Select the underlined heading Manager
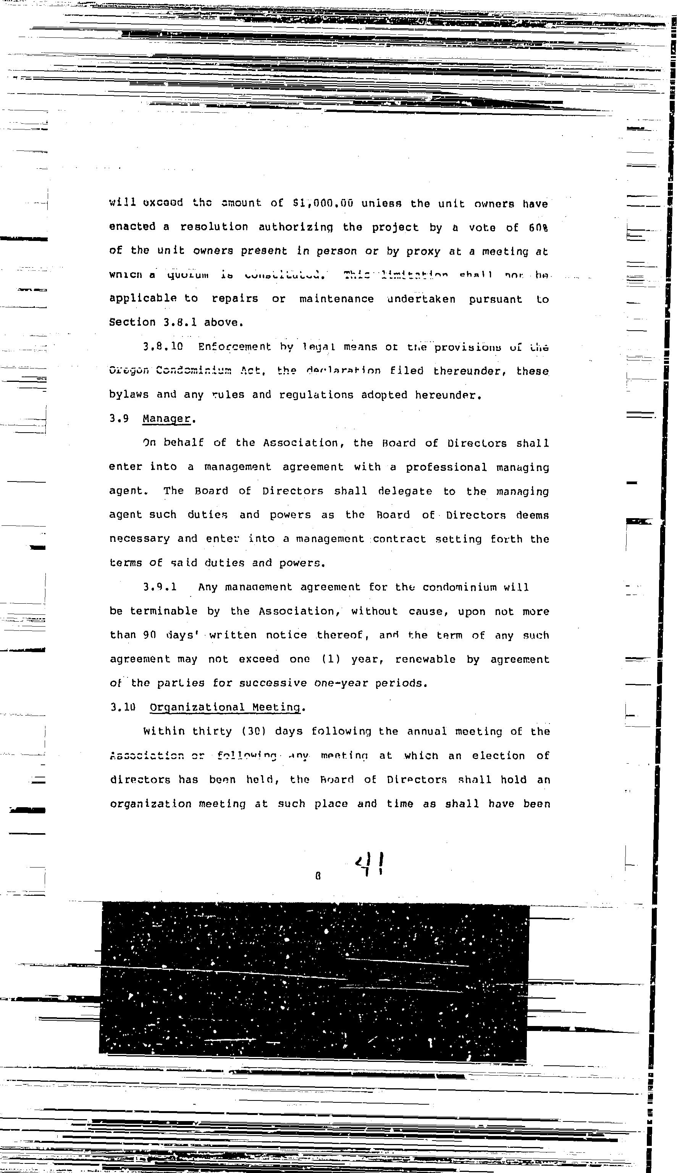pyautogui.click(x=166, y=418)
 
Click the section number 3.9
pyautogui.click(x=119, y=418)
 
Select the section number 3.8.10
pyautogui.click(x=163, y=346)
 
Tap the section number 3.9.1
pyautogui.click(x=160, y=587)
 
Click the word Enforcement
pyautogui.click(x=234, y=347)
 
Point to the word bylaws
pyautogui.click(x=129, y=395)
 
